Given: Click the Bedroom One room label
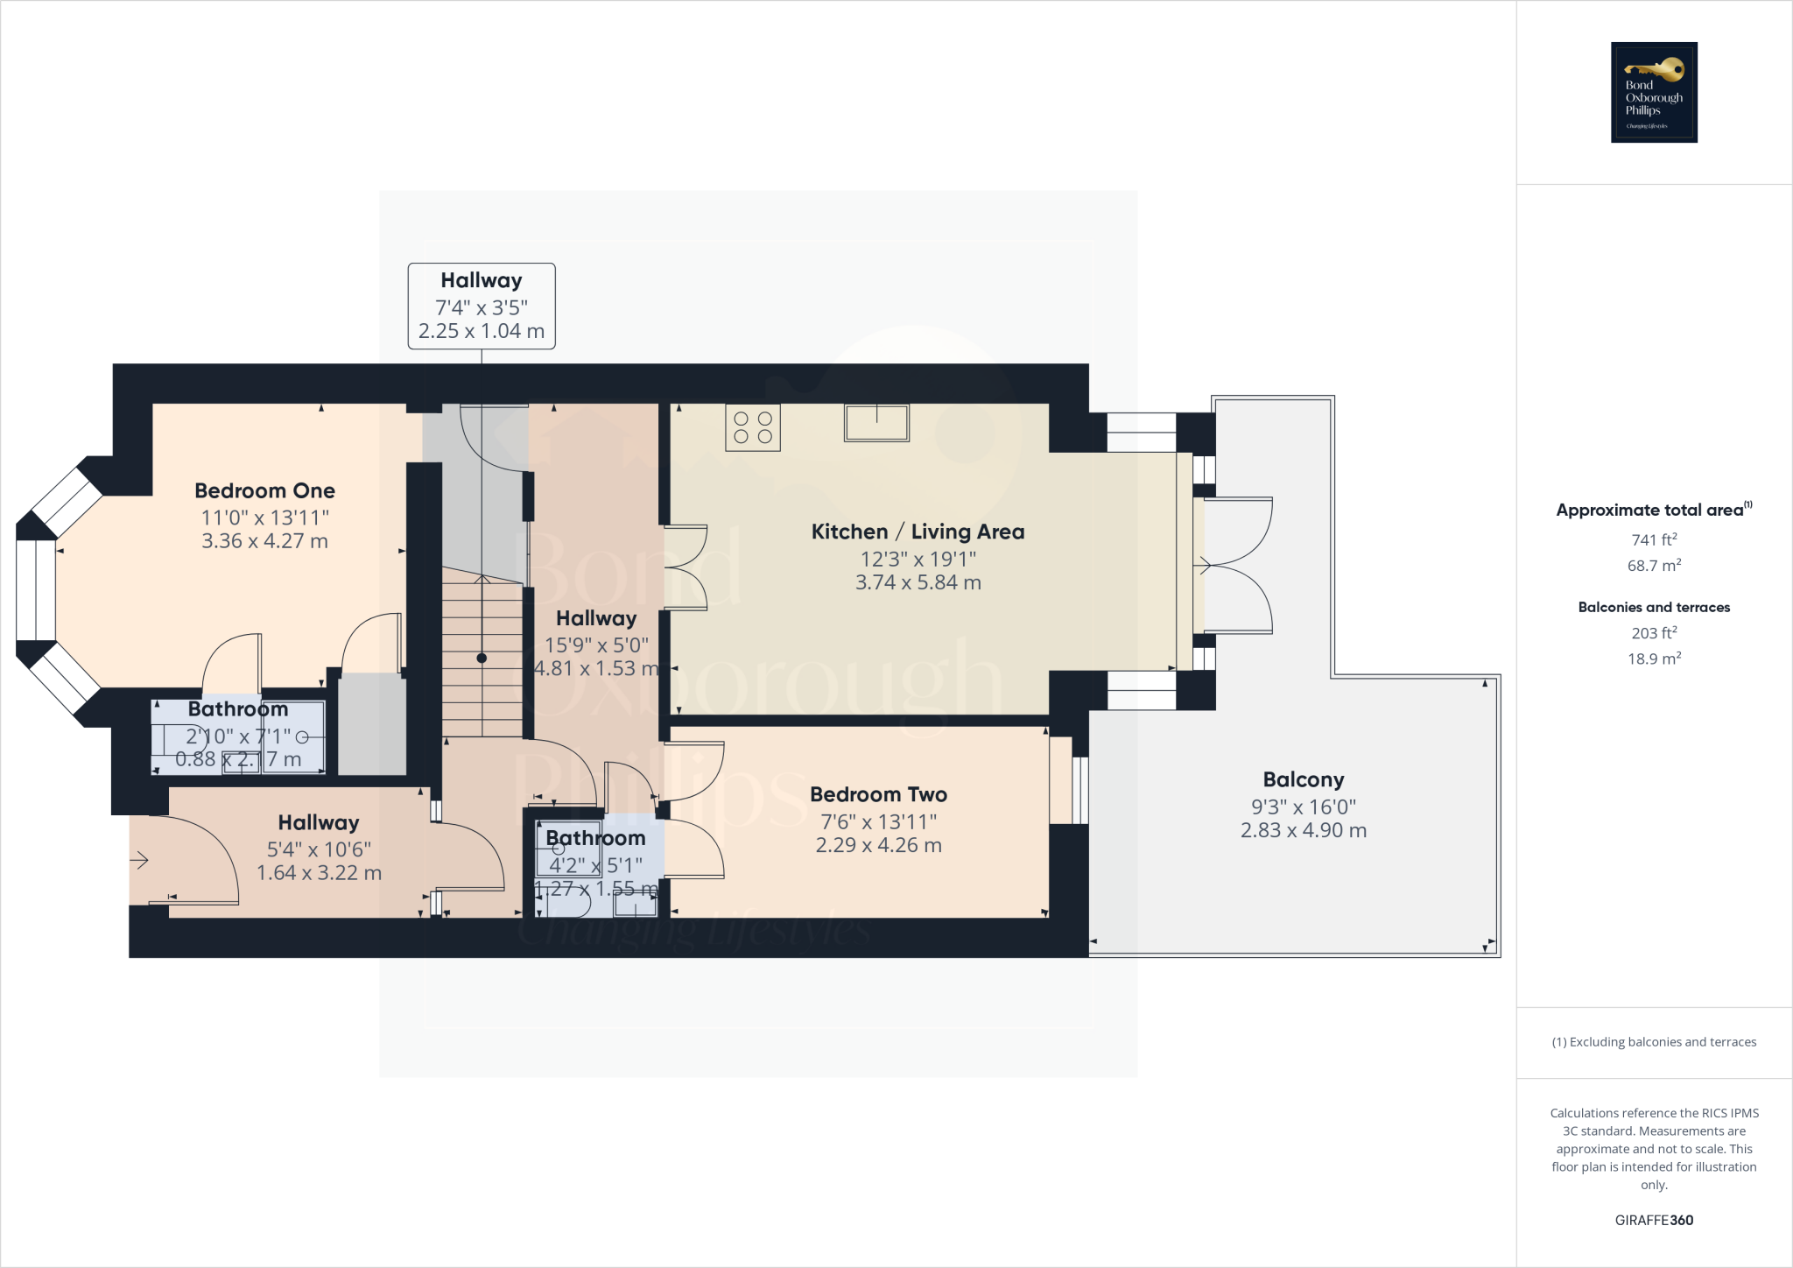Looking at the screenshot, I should pyautogui.click(x=264, y=490).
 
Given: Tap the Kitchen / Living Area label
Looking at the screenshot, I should pyautogui.click(x=918, y=532).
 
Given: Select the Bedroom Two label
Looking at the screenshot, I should pyautogui.click(x=878, y=794).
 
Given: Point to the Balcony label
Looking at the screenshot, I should pyautogui.click(x=1303, y=779).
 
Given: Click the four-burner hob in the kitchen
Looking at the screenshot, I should pyautogui.click(x=753, y=428).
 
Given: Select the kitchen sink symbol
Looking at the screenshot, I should pyautogui.click(x=876, y=422).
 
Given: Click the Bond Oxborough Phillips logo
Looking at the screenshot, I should pyautogui.click(x=1654, y=92).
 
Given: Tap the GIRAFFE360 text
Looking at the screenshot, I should pyautogui.click(x=1654, y=1220).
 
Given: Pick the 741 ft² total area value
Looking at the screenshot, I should pyautogui.click(x=1654, y=540).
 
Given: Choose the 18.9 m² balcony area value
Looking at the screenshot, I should pyautogui.click(x=1654, y=659).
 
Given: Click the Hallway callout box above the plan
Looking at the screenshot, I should pyautogui.click(x=482, y=306).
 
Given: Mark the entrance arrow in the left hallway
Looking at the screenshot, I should pyautogui.click(x=139, y=861).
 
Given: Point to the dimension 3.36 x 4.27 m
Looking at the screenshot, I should pyautogui.click(x=264, y=541).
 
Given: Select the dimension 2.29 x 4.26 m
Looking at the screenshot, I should pyautogui.click(x=878, y=845).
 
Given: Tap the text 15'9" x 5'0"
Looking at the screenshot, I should pyautogui.click(x=596, y=645).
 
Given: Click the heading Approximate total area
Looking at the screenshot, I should pyautogui.click(x=1649, y=511).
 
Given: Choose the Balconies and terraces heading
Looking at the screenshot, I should pyautogui.click(x=1654, y=607).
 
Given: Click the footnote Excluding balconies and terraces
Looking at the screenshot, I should pyautogui.click(x=1654, y=1042).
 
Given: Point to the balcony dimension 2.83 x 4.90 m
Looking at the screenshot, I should pyautogui.click(x=1303, y=830).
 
